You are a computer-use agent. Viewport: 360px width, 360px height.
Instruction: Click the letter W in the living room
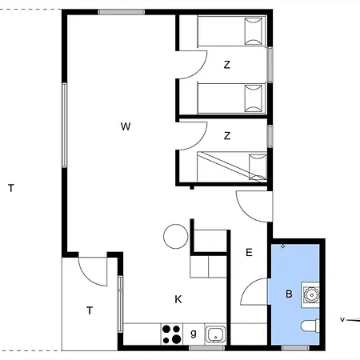126,126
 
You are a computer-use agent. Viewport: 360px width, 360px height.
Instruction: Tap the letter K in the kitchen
178,299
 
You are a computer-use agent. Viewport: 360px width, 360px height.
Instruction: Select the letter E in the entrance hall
249,252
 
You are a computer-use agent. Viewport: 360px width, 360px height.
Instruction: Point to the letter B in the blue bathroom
289,294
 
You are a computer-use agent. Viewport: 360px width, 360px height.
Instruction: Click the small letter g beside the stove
194,334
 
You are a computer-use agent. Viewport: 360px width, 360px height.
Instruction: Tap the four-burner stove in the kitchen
172,334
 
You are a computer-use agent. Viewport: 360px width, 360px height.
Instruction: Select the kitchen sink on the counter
215,334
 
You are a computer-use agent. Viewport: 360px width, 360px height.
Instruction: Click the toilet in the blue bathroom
310,326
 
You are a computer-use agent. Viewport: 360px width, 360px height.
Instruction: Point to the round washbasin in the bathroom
310,295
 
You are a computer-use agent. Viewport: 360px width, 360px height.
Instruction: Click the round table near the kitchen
176,236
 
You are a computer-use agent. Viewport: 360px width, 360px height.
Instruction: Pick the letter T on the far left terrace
11,188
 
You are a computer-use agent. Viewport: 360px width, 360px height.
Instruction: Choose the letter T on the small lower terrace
90,310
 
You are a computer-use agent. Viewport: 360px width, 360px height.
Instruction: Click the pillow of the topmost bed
254,31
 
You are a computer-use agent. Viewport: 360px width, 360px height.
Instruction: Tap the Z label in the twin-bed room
227,65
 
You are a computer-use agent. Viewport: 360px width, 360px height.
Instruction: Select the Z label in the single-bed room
227,136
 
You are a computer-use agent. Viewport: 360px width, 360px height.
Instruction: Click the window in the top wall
122,12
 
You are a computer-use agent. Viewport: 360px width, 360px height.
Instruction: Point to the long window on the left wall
64,125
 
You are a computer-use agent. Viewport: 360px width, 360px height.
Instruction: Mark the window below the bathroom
295,348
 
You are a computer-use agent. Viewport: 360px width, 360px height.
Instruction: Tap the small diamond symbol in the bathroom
282,246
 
